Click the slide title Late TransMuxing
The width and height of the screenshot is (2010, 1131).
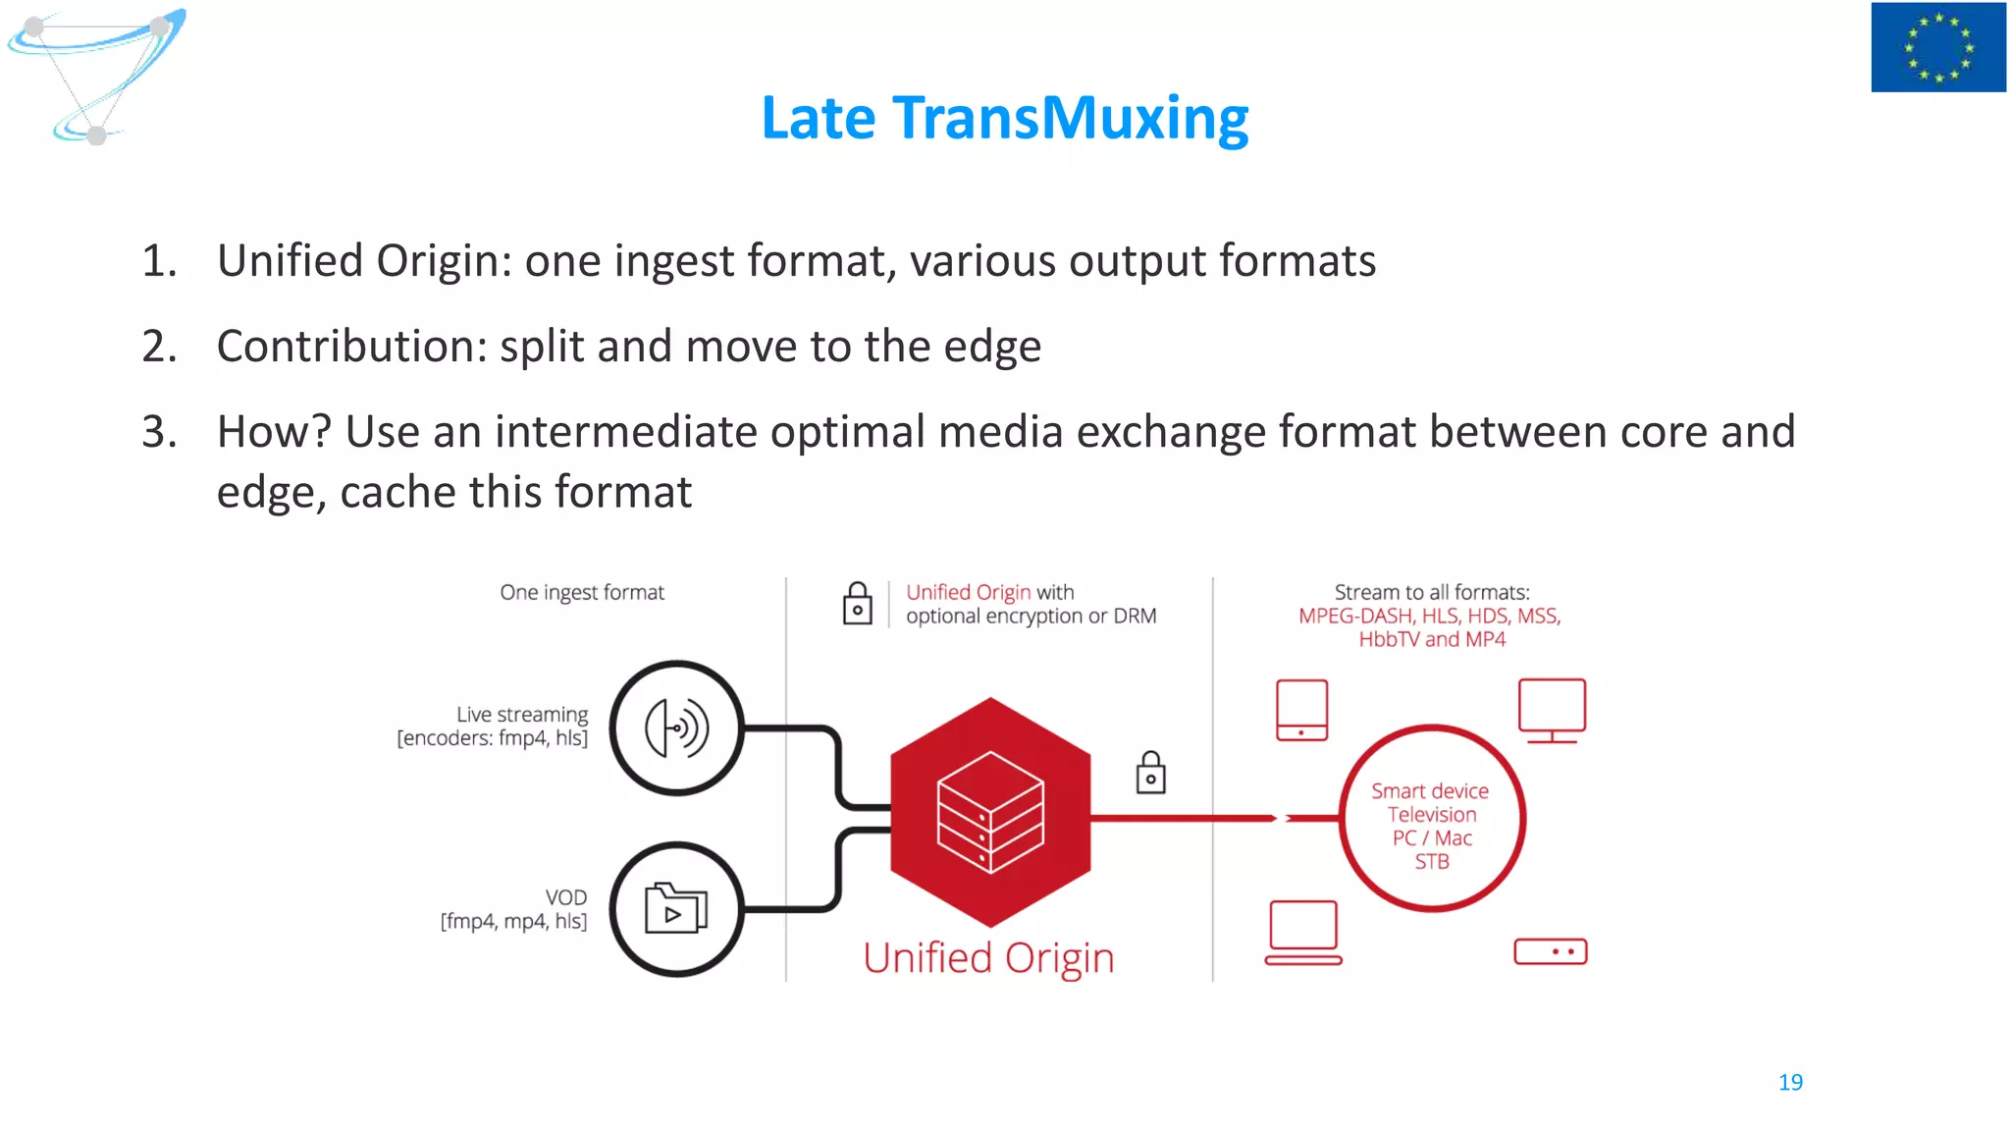[1004, 118]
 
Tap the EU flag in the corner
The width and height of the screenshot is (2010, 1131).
[1937, 47]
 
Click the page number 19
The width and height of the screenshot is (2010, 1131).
[1789, 1082]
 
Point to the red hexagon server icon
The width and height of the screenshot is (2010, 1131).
[990, 812]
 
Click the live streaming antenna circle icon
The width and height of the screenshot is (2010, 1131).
[676, 727]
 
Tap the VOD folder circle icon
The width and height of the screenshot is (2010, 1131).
[676, 909]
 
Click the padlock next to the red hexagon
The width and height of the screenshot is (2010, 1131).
[1150, 773]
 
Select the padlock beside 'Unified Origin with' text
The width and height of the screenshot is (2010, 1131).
[857, 604]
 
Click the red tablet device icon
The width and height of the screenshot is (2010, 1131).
[1301, 710]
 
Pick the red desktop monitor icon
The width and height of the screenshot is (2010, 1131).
[1552, 710]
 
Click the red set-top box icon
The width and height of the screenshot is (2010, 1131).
[1550, 951]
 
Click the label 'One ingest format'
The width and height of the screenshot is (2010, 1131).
[582, 593]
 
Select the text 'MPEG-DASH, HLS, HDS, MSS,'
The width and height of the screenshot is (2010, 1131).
[1429, 617]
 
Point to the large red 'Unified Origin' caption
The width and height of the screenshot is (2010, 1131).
[988, 958]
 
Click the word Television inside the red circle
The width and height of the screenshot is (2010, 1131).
[1431, 815]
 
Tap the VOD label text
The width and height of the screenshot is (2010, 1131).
[565, 897]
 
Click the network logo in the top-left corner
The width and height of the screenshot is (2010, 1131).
[96, 75]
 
